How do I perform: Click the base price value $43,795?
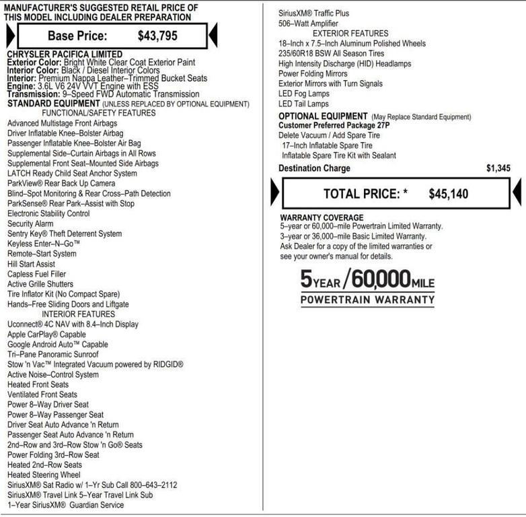point(157,36)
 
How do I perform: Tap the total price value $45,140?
point(449,194)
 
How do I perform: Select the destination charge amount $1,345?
point(498,168)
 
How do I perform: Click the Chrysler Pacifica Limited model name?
point(65,54)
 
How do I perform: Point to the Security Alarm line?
point(30,224)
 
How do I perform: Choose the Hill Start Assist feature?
point(32,265)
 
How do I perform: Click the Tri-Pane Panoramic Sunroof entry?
point(53,354)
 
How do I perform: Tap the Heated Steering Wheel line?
point(44,475)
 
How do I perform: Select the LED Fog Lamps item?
point(304,94)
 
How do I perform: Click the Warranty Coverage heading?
point(322,217)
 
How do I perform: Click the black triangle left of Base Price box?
point(10,35)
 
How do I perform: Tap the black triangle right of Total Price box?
point(517,194)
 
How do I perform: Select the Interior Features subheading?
point(78,314)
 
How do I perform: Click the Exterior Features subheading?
point(350,34)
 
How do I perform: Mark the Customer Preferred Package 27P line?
point(334,125)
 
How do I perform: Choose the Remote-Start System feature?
point(42,254)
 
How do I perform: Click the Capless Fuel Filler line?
point(36,275)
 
